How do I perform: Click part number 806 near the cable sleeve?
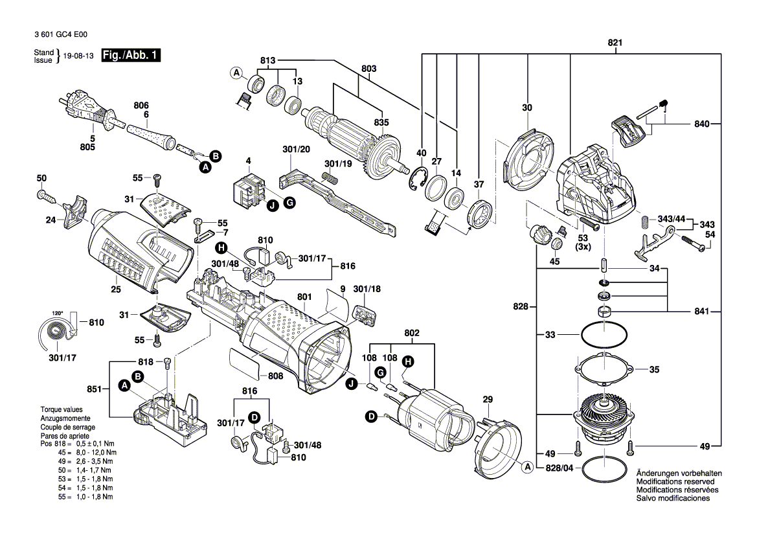[x=141, y=106]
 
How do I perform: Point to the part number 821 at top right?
[x=615, y=43]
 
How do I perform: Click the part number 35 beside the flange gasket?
[x=654, y=370]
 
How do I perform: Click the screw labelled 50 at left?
[x=45, y=194]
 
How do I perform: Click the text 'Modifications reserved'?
[x=675, y=482]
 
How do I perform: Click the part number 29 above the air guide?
[x=488, y=400]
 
